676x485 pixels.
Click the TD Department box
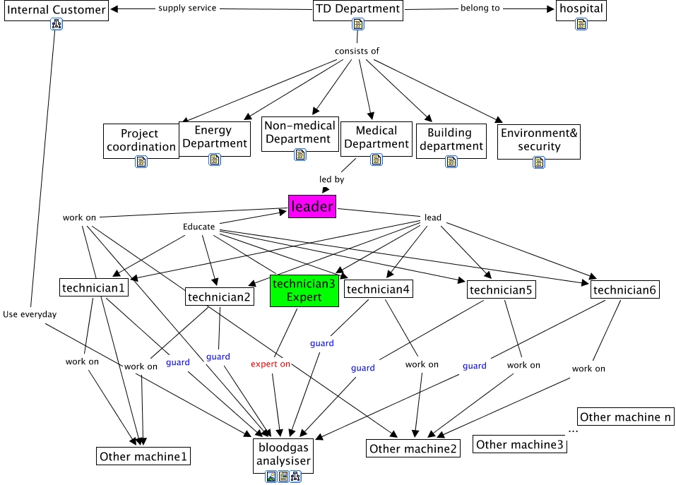pyautogui.click(x=358, y=9)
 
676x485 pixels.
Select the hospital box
pyautogui.click(x=581, y=9)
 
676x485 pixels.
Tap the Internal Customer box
pyautogui.click(x=57, y=9)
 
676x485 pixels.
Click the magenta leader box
pyautogui.click(x=312, y=206)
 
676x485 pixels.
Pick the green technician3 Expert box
pyautogui.click(x=304, y=290)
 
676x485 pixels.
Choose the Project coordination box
pyautogui.click(x=140, y=140)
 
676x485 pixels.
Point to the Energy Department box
pyautogui.click(x=214, y=136)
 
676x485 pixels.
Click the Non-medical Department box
pyautogui.click(x=300, y=132)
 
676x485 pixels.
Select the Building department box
pyautogui.click(x=450, y=139)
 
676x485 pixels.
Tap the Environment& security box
pyautogui.click(x=539, y=140)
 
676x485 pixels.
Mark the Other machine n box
pyautogui.click(x=625, y=417)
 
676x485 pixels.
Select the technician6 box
pyautogui.click(x=625, y=290)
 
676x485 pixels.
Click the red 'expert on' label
pyautogui.click(x=271, y=364)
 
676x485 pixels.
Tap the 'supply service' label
pyautogui.click(x=187, y=8)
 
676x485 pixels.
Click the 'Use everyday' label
pyautogui.click(x=29, y=314)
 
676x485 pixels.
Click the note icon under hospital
pyautogui.click(x=581, y=25)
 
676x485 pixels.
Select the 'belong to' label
pyautogui.click(x=480, y=8)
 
